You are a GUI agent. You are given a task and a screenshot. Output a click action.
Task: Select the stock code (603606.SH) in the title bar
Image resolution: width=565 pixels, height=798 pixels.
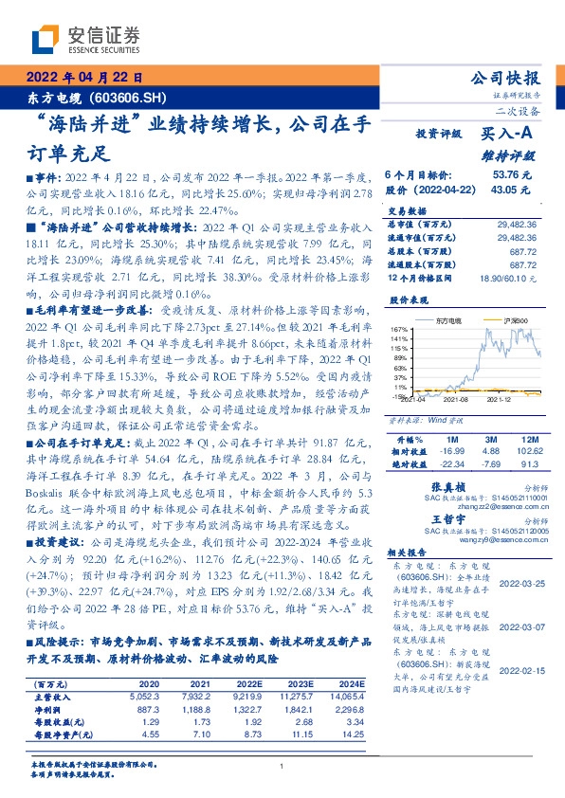(x=126, y=98)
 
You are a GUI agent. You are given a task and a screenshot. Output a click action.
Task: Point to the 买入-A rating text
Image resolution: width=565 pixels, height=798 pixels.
(x=506, y=135)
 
